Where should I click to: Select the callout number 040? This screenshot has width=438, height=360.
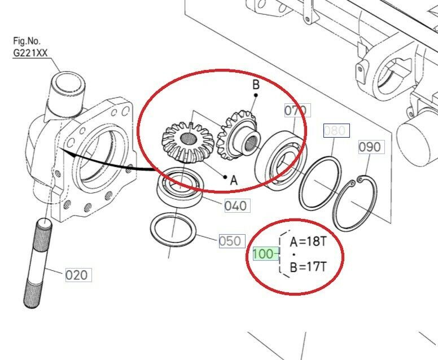click(236, 206)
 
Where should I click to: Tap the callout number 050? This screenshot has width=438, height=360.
click(230, 241)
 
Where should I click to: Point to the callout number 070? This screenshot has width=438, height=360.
click(296, 111)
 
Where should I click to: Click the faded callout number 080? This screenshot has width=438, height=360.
click(335, 130)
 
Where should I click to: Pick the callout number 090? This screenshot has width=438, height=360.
click(370, 147)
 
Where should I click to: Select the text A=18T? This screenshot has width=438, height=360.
click(308, 242)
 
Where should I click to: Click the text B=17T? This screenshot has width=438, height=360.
click(308, 267)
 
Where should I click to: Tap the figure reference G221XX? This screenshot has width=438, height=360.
click(30, 53)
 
